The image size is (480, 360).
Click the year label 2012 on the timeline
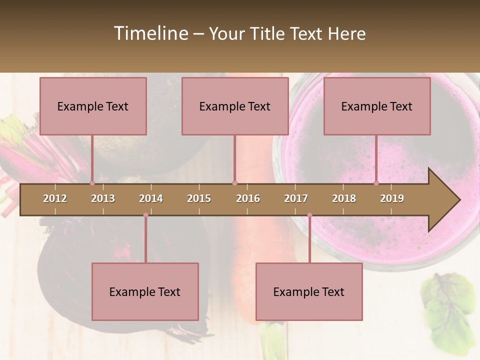(x=55, y=198)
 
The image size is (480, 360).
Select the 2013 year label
(x=103, y=198)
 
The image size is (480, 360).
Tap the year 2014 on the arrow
(x=151, y=198)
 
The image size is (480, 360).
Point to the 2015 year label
(x=199, y=198)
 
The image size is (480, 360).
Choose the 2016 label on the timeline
(x=248, y=198)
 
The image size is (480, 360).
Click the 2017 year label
(x=296, y=198)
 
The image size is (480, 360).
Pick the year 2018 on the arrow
(x=344, y=198)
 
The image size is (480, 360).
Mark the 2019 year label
(x=392, y=198)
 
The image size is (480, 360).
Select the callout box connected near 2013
(x=93, y=106)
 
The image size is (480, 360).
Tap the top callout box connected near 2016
(x=235, y=106)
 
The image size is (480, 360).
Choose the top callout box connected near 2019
(x=377, y=106)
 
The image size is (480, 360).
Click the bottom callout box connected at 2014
(x=145, y=291)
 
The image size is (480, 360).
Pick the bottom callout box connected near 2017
(x=309, y=291)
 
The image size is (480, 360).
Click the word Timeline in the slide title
(x=150, y=33)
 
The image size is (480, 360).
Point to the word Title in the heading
(x=268, y=33)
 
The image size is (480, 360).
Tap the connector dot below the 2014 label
(x=145, y=215)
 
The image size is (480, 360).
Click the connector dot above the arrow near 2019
(x=376, y=183)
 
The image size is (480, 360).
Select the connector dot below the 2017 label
(x=309, y=215)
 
